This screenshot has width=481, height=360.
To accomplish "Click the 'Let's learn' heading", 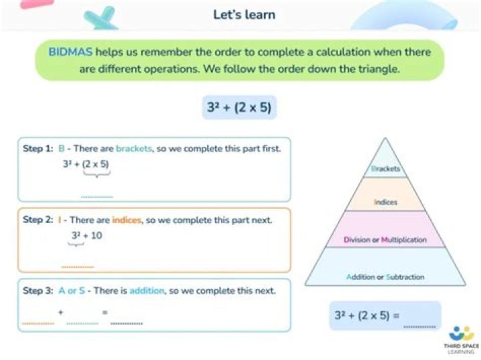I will pos(244,15).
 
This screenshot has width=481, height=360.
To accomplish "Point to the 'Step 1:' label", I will pos(38,149).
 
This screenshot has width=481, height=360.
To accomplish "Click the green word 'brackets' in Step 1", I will pos(134,149).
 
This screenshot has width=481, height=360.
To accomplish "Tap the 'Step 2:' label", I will pos(38,219).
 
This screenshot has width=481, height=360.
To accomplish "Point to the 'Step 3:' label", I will pos(38,291).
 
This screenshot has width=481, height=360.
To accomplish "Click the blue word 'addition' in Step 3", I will pos(146,291).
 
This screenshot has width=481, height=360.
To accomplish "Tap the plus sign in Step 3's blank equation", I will pos(61,312).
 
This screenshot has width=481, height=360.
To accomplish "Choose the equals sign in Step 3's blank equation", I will pos(104,312).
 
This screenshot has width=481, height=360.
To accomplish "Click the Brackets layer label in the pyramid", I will pos(385,169).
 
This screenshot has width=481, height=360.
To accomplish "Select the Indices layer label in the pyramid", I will pos(385,202).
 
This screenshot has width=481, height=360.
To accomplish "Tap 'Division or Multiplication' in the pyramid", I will pos(385,239).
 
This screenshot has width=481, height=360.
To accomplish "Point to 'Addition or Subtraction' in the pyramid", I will pos(385,277).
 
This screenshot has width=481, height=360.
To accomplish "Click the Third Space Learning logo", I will pos(461,337).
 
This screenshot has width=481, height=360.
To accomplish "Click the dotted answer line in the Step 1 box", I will pos(97,196).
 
